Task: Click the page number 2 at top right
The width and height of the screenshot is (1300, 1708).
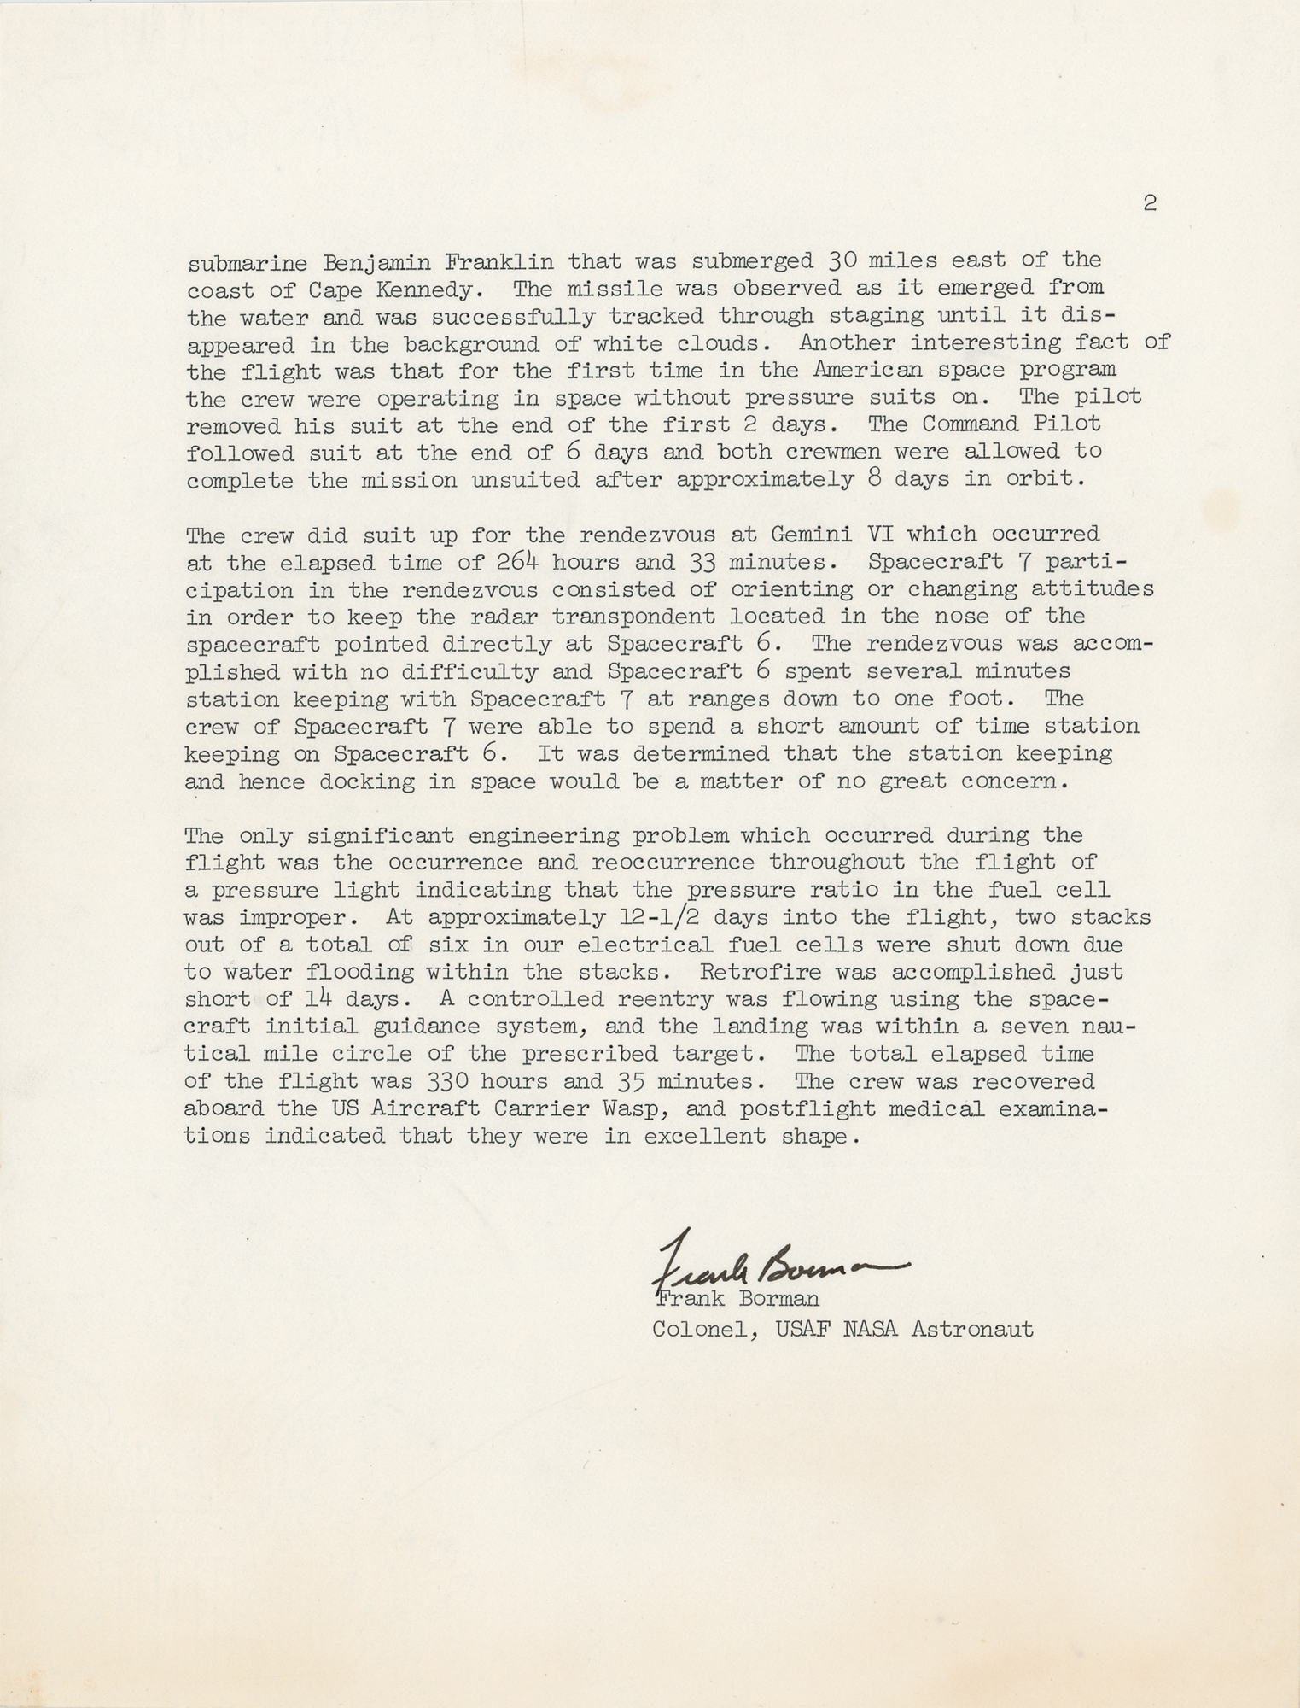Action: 1150,204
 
